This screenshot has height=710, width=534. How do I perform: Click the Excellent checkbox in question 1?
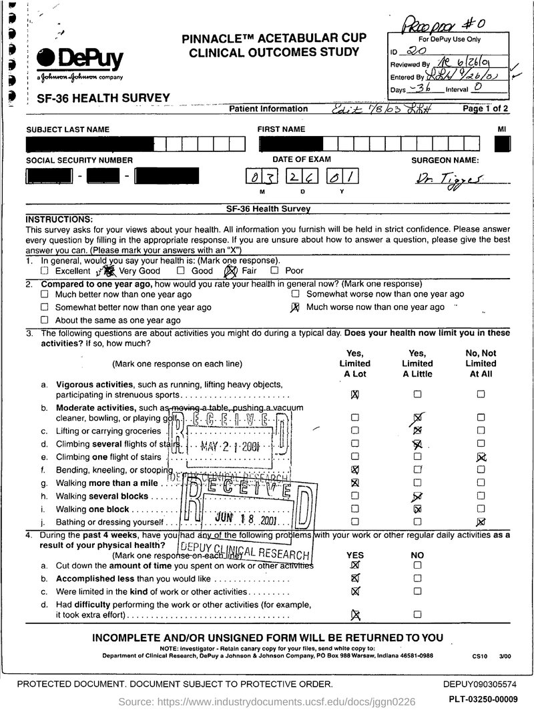click(x=44, y=271)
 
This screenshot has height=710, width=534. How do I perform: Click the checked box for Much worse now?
click(x=295, y=307)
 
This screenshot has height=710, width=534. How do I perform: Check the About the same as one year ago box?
click(x=44, y=321)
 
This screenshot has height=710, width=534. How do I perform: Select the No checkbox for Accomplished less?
click(x=417, y=578)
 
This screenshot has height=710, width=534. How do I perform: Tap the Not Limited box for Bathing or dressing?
click(x=481, y=521)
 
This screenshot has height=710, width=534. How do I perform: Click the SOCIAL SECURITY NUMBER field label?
click(x=79, y=160)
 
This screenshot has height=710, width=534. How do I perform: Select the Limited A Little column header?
click(x=417, y=364)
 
